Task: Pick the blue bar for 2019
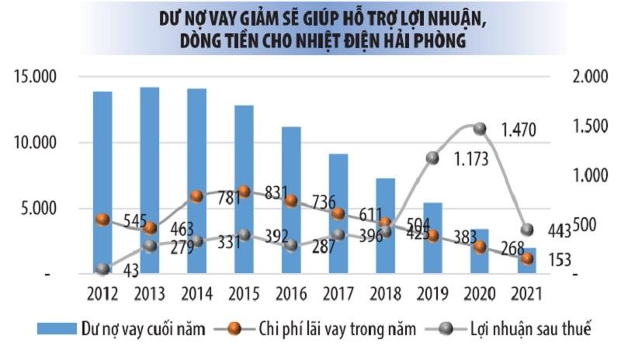[x=433, y=237]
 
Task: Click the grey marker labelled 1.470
[x=480, y=128]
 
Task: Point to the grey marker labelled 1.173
[x=433, y=158]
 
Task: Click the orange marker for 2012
[x=102, y=220]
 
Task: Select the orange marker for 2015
[x=244, y=192]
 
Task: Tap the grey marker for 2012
[x=102, y=269]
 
